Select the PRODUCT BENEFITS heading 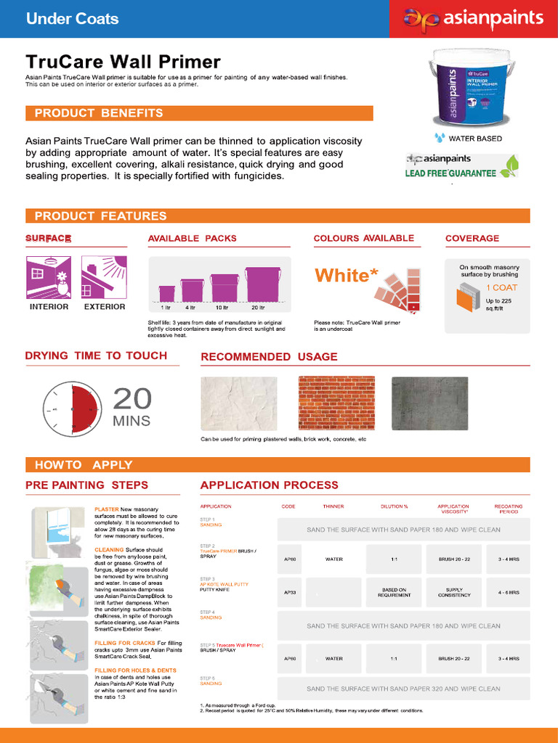(x=99, y=113)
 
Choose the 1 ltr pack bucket (x=166, y=293)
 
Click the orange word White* (x=347, y=276)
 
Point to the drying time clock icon (x=70, y=409)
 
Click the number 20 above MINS (x=132, y=398)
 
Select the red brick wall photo (x=336, y=403)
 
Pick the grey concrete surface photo (x=429, y=403)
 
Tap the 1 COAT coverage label (x=501, y=287)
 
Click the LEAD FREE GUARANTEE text (x=450, y=173)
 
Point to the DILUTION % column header (x=395, y=506)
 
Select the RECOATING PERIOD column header (x=509, y=509)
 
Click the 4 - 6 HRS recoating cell (x=509, y=592)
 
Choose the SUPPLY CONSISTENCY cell (x=454, y=592)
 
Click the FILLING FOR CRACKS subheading (x=126, y=643)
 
